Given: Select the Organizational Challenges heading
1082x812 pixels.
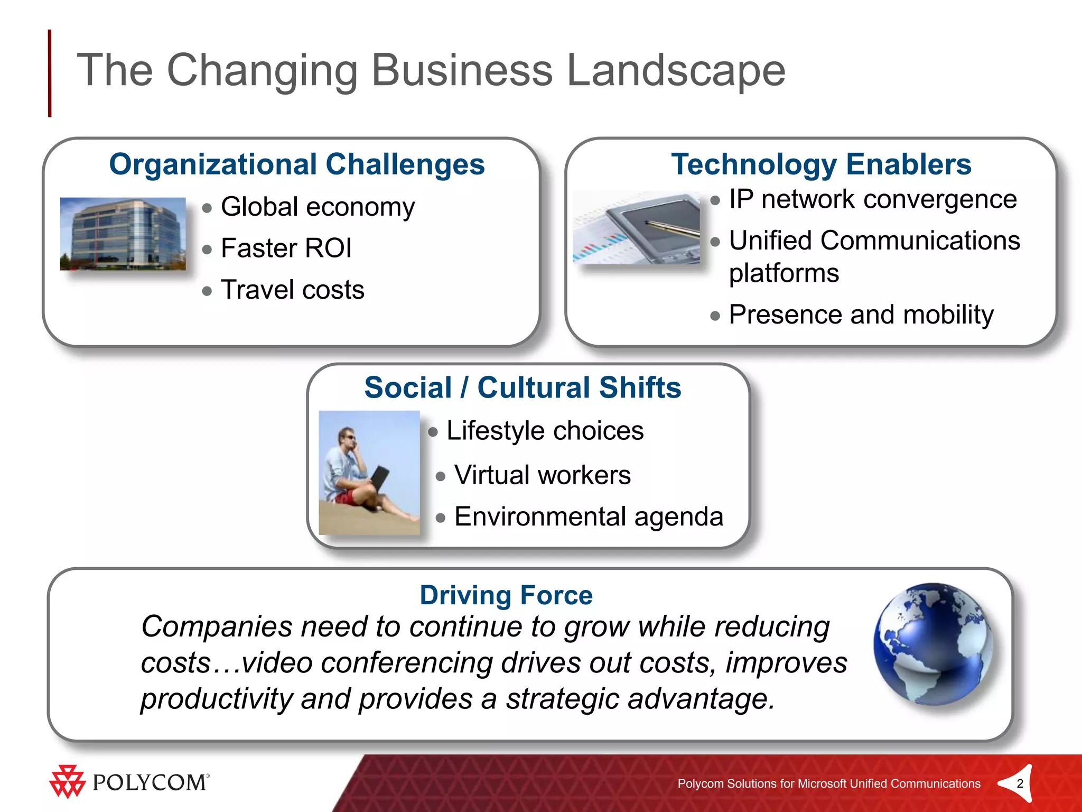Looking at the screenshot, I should click(296, 164).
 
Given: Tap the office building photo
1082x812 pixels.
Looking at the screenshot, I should click(123, 234).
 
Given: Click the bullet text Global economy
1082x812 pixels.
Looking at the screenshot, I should click(318, 207).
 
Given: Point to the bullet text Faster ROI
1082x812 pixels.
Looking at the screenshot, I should click(286, 248).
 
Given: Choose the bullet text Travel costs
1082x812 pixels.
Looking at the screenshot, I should click(292, 290).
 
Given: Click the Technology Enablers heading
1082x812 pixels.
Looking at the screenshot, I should click(820, 164).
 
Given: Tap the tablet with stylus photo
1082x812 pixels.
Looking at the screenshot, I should click(636, 227).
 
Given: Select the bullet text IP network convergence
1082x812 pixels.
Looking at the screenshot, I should click(872, 199).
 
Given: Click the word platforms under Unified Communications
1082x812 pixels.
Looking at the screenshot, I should click(783, 273).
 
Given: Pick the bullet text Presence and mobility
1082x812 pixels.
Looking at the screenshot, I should click(861, 315).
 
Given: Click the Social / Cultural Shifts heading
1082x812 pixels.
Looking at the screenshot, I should click(522, 387).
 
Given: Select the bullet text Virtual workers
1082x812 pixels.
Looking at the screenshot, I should click(542, 475).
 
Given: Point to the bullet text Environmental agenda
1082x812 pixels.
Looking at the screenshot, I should click(588, 516).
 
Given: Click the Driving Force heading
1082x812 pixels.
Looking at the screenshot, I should click(506, 595).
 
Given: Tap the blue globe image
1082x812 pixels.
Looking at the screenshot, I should click(932, 643).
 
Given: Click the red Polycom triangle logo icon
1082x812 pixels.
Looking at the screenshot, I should click(67, 781).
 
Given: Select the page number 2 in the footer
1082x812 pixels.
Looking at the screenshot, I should click(1020, 783).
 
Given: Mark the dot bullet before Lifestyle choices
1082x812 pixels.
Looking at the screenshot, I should click(433, 432).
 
